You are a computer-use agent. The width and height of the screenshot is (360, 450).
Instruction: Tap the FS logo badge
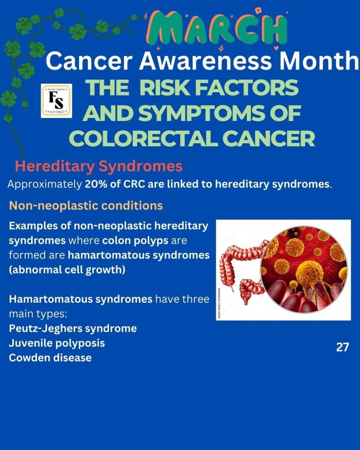tap(57, 101)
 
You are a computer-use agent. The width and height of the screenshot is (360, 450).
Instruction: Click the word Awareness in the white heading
tap(205, 61)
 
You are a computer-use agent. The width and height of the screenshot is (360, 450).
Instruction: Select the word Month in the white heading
tap(320, 61)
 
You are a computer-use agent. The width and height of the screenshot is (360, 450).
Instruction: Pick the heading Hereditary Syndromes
tap(98, 166)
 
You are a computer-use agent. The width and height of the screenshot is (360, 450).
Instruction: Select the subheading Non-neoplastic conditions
tap(86, 205)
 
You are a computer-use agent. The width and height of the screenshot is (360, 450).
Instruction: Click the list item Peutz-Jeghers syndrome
tap(73, 328)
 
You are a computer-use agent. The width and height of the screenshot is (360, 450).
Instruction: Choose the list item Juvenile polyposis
tap(57, 343)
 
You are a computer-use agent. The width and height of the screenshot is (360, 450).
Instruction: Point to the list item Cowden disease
tap(50, 358)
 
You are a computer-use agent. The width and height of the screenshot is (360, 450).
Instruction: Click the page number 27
tap(342, 347)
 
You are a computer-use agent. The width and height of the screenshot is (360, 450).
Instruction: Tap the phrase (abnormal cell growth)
tap(67, 270)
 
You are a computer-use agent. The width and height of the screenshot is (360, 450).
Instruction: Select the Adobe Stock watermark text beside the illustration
tap(219, 303)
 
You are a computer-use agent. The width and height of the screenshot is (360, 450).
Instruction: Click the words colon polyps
tap(135, 241)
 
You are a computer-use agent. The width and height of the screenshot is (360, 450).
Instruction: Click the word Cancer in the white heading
tap(89, 61)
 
